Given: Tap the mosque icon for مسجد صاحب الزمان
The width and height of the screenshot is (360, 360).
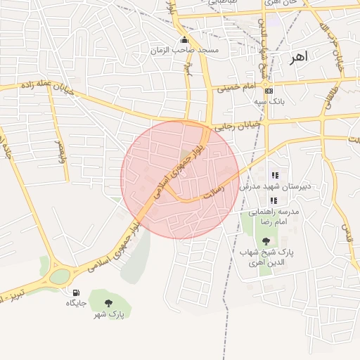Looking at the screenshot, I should click(184, 40).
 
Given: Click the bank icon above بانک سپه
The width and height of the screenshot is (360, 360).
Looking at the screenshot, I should click(269, 91).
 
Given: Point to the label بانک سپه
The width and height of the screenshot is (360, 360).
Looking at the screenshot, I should click(268, 101).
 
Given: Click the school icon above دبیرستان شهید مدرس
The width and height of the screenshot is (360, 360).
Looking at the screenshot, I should click(275, 175).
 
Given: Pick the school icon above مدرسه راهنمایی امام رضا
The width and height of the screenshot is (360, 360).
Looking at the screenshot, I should click(274, 200).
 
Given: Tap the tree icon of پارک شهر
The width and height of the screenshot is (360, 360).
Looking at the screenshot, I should click(108, 304).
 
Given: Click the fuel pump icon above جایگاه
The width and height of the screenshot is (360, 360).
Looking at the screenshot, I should click(75, 292).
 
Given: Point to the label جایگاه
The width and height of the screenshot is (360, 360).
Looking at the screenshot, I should click(75, 303).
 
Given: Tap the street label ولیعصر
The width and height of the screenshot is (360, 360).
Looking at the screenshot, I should click(59, 149).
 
